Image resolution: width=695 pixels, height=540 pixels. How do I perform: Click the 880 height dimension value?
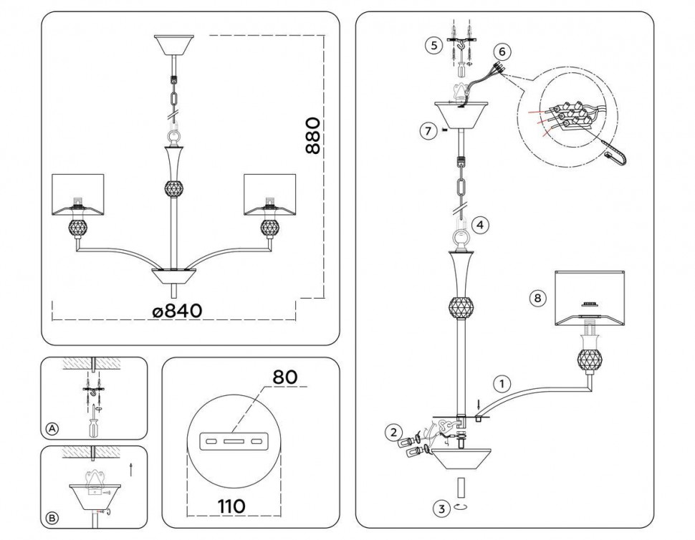point(312,135)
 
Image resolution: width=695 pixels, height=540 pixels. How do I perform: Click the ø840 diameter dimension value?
point(177,311)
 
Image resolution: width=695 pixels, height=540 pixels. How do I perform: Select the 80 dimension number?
point(284,377)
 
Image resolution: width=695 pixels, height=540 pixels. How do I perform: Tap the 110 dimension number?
point(232,506)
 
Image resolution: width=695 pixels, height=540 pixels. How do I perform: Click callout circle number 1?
point(502,384)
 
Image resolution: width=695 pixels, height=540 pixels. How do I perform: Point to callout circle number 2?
point(394,433)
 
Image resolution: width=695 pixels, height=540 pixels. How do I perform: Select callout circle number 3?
point(441,508)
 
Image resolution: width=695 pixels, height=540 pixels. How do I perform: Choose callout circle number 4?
point(481,225)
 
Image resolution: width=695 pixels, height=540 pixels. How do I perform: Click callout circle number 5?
point(434,45)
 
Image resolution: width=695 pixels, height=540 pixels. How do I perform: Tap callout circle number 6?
point(502,52)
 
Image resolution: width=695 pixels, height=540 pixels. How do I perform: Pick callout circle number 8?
point(537,298)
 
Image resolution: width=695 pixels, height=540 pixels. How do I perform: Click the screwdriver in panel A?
point(94,425)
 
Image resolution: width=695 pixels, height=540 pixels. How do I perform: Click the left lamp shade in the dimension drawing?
point(78,196)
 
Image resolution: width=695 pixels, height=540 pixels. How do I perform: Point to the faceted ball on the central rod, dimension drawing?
point(174,188)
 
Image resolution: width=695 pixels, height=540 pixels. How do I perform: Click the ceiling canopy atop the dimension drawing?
point(174,45)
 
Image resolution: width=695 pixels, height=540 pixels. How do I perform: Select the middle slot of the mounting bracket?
point(234,442)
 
